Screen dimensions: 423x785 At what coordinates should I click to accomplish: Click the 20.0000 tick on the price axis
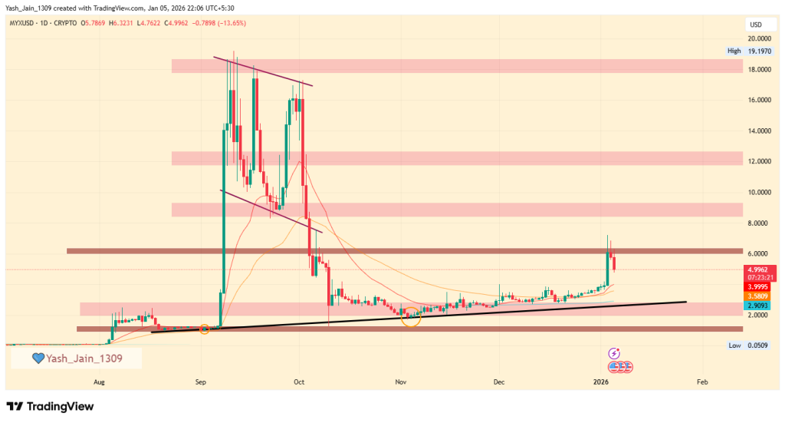click(760, 38)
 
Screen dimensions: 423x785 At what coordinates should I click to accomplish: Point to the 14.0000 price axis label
click(760, 131)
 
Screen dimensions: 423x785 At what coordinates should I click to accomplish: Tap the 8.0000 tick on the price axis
click(760, 223)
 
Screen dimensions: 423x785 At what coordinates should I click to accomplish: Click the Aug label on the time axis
click(99, 381)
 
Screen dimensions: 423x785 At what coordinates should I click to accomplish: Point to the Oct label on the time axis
click(300, 381)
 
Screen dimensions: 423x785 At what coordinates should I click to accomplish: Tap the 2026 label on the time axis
click(603, 381)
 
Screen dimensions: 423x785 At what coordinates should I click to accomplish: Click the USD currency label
click(755, 25)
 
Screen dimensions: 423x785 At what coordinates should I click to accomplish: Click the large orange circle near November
click(411, 316)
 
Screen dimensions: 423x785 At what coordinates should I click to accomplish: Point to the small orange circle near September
click(205, 329)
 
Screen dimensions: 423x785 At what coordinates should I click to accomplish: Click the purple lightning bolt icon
click(613, 353)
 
